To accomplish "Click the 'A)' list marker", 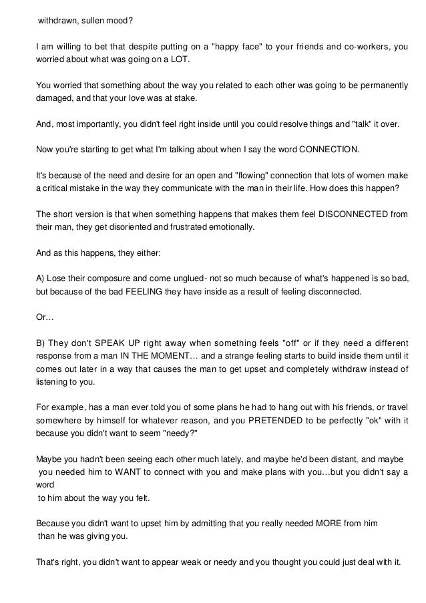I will pyautogui.click(x=41, y=277).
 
